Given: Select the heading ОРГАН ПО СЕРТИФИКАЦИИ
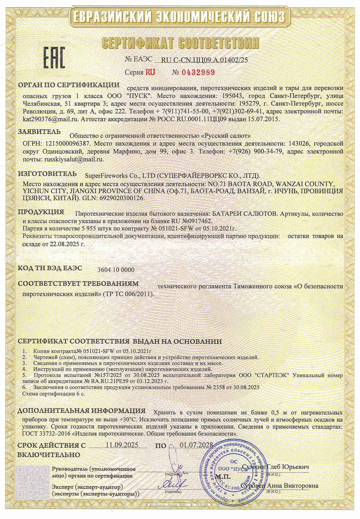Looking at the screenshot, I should [x=69, y=85].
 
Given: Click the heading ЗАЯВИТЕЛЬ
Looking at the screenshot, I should [x=39, y=132].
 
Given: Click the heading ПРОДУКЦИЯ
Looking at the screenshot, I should [x=41, y=212].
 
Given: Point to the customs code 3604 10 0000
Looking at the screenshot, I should [x=116, y=270].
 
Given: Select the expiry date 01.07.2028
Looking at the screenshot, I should [x=196, y=445].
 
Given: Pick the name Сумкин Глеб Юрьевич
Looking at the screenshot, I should [x=275, y=467].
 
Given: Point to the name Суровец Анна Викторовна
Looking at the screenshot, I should [x=279, y=486].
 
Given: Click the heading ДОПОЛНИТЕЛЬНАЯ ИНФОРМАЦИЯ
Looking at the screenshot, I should [x=81, y=411].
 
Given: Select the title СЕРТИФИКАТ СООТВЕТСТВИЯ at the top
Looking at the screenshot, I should [x=180, y=43].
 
